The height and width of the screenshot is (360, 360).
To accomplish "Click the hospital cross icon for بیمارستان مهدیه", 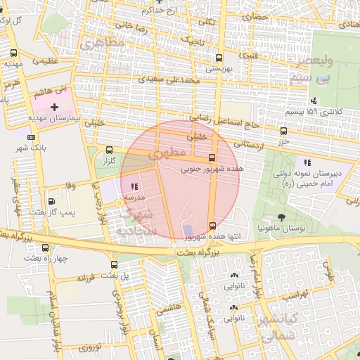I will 54,105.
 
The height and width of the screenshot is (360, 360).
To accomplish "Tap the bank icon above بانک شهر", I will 30,137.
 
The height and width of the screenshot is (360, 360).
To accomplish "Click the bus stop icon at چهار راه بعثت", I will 46,247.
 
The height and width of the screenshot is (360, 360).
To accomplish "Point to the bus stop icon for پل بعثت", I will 114,264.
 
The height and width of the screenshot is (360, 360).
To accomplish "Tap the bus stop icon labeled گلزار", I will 108,150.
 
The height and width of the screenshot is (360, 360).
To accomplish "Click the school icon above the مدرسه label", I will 134,186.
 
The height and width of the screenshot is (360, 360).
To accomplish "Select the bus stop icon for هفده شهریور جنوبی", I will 212,157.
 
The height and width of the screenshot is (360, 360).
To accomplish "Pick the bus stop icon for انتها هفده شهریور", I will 212,226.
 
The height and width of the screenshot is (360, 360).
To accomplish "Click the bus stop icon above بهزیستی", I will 219,58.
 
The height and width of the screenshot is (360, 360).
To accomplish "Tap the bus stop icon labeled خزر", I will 283,131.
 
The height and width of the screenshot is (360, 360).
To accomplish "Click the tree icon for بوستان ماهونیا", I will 281,217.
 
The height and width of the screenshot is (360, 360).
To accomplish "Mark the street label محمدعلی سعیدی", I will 169,79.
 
